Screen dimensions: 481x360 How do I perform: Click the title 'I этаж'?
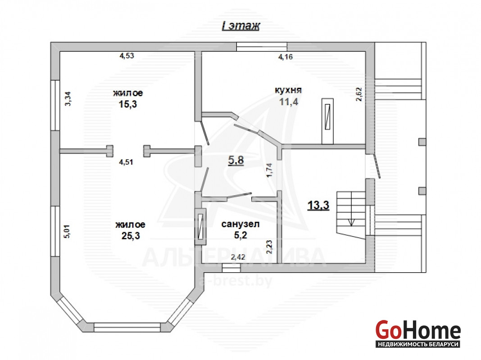241,26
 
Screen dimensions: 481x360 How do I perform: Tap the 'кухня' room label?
288,90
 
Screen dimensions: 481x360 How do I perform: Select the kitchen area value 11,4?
289,101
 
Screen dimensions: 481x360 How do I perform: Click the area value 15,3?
127,104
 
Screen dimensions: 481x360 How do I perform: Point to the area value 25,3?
131,236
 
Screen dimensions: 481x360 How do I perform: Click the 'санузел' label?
240,224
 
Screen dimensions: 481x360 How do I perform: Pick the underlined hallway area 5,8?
236,160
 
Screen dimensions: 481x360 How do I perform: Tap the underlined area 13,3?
318,205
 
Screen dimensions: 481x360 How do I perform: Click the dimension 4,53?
127,55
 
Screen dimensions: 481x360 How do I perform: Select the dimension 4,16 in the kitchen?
285,57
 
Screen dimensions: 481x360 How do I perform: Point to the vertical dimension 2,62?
359,94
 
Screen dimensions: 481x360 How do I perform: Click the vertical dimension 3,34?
68,99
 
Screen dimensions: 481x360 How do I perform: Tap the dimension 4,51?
126,162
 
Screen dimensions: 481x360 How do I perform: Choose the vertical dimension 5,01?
67,231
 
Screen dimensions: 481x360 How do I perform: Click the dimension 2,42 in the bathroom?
238,257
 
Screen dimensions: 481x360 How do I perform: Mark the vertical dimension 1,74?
269,170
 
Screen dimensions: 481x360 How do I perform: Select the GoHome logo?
418,333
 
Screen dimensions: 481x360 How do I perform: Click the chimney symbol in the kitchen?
327,121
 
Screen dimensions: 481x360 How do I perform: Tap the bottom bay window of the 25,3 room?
127,327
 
